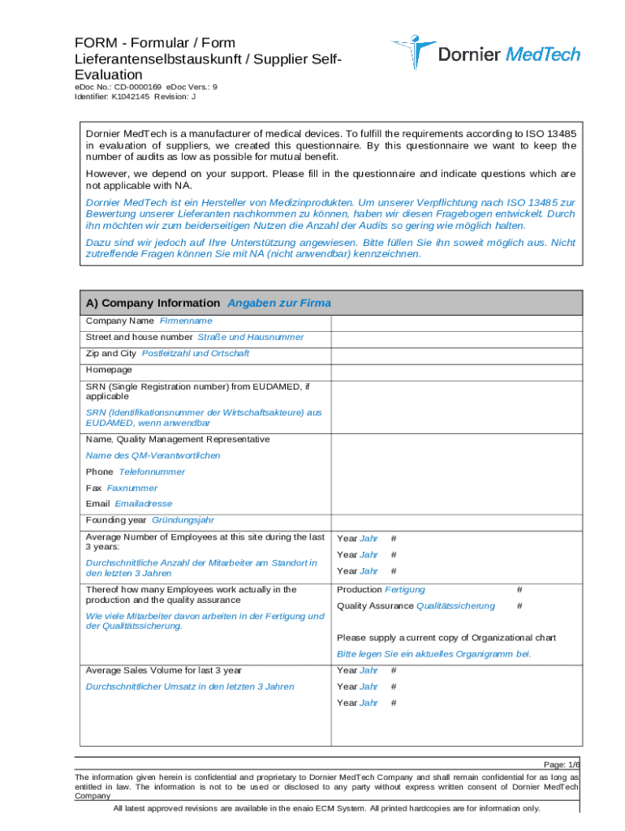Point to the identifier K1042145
click(131, 97)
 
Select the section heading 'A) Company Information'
click(153, 303)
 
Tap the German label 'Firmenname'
click(186, 321)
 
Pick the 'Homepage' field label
click(109, 370)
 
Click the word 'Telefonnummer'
click(152, 471)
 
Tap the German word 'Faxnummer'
click(132, 488)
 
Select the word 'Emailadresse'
click(144, 504)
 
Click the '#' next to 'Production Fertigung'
click(519, 590)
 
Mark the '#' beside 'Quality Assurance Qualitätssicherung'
click(519, 606)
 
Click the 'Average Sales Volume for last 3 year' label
click(163, 670)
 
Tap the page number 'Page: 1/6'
click(562, 764)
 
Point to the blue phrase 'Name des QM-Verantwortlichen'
click(153, 455)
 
